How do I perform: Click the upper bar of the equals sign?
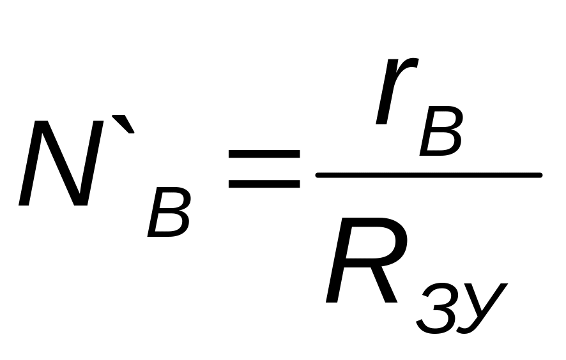(x=264, y=155)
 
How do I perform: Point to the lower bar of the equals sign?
(x=264, y=184)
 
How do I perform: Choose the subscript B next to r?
(x=441, y=135)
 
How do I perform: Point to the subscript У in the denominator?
(x=480, y=306)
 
